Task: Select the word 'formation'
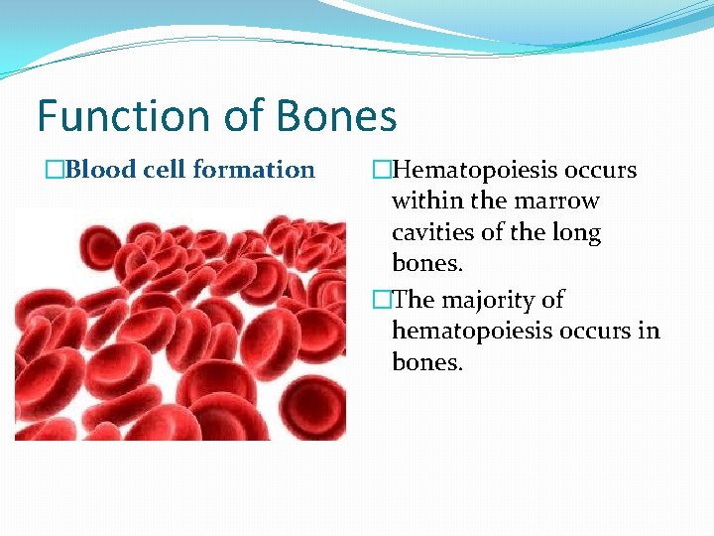(254, 170)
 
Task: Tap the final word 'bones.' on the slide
(427, 362)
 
